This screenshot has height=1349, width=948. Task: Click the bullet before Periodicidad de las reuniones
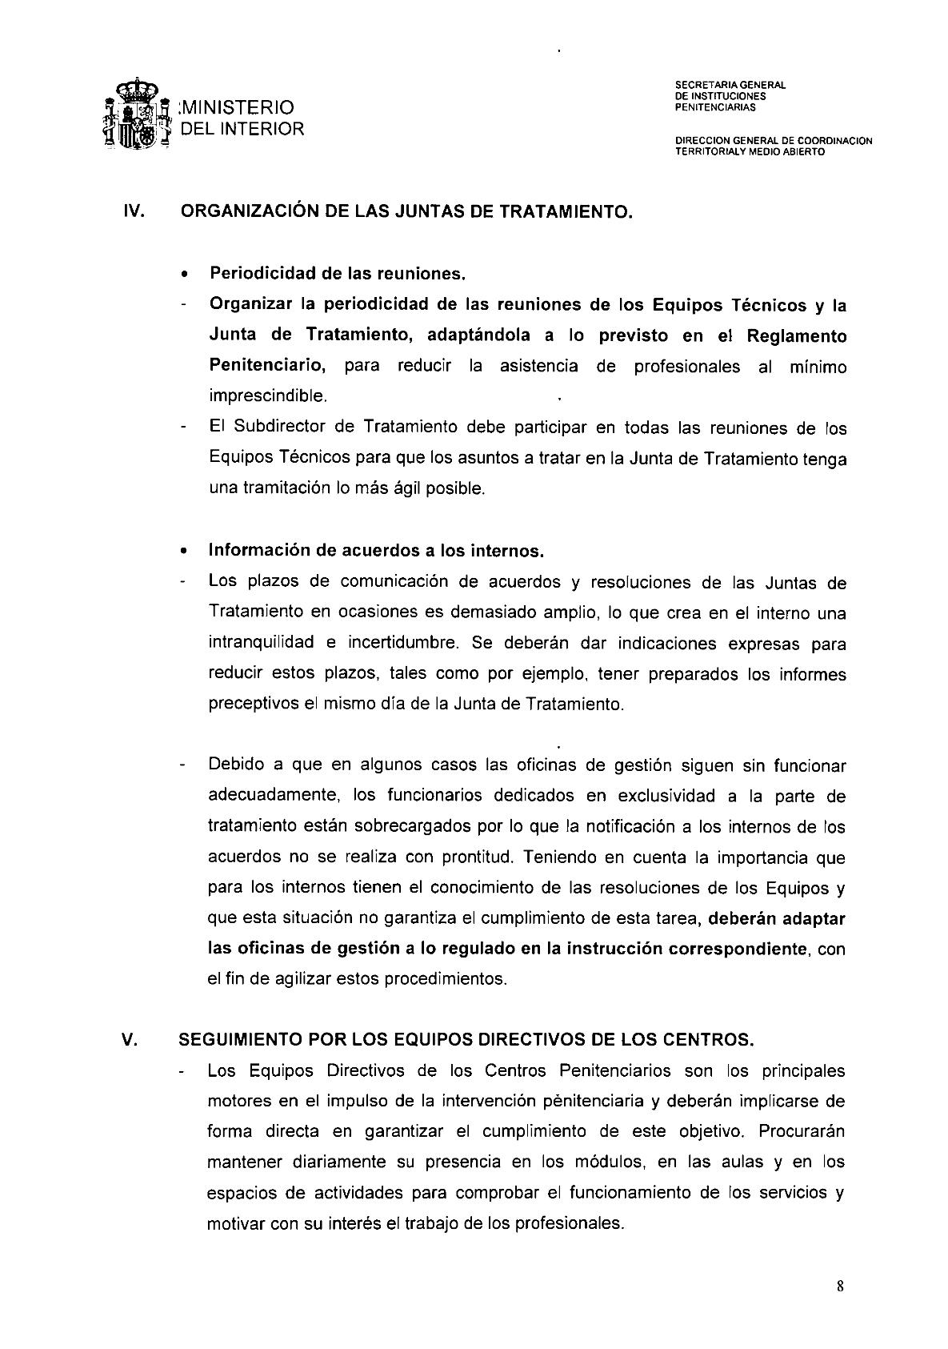click(x=185, y=275)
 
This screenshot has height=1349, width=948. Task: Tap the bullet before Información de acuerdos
click(x=185, y=552)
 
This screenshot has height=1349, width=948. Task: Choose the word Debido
click(x=235, y=765)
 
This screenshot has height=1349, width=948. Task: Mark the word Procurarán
click(x=802, y=1131)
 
